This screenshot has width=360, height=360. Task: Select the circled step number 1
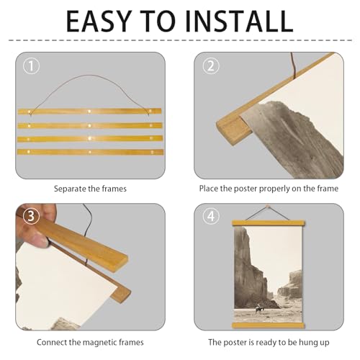(30, 66)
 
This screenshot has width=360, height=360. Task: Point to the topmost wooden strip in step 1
(89, 112)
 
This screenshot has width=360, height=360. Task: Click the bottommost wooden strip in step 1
(89, 153)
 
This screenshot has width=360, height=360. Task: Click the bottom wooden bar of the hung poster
(266, 325)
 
